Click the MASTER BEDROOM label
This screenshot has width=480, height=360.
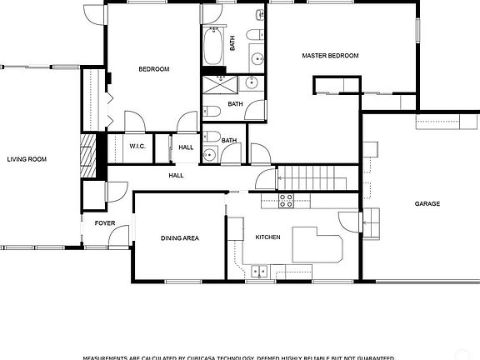pyautogui.click(x=330, y=56)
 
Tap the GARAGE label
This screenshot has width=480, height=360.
pyautogui.click(x=427, y=203)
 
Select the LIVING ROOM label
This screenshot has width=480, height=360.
pyautogui.click(x=26, y=159)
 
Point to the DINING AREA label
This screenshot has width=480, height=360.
pyautogui.click(x=180, y=238)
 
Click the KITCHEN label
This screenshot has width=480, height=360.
pyautogui.click(x=267, y=237)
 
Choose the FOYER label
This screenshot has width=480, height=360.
pyautogui.click(x=104, y=223)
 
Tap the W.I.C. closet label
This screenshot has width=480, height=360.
pyautogui.click(x=137, y=147)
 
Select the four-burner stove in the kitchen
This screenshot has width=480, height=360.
pyautogui.click(x=287, y=200)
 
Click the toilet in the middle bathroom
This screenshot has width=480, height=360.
pyautogui.click(x=212, y=112)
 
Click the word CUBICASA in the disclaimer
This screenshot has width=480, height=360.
pyautogui.click(x=209, y=357)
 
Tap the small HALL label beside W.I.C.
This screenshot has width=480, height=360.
pyautogui.click(x=185, y=147)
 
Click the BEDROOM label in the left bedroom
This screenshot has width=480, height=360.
pyautogui.click(x=154, y=69)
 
